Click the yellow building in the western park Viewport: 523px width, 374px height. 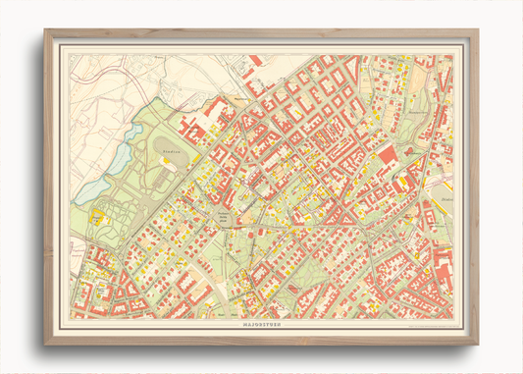[98, 216]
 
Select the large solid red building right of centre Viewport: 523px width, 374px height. [387, 154]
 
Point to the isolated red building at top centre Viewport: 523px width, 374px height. [256, 61]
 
